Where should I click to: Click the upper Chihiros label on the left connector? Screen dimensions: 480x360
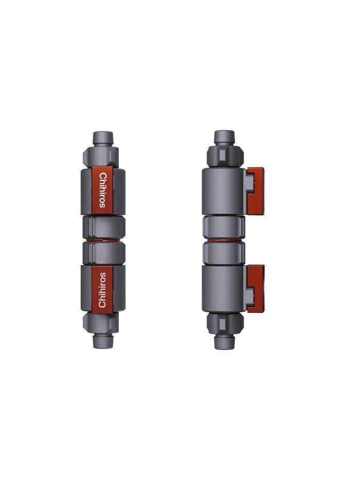102,190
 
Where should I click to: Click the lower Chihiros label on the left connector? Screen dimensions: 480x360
102,289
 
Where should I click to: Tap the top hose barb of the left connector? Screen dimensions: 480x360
103,138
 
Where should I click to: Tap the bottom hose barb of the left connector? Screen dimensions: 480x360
103,340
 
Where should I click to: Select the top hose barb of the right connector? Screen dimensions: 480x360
224,137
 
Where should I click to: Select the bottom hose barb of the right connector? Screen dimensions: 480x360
224,342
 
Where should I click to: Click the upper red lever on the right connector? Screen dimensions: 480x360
256,190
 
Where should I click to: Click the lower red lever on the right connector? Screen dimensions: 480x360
256,288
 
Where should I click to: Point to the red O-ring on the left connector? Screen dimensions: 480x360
103,239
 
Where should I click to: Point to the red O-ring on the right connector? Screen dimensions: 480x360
224,239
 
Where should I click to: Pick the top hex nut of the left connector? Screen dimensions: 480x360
103,156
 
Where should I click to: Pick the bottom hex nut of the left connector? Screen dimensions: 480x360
103,323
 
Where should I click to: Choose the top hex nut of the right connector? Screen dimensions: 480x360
224,154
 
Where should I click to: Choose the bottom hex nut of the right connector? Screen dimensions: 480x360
224,325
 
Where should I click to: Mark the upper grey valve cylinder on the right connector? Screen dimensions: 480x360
224,191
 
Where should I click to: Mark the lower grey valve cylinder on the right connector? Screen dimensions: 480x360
224,287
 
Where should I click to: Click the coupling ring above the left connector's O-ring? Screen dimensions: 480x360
103,227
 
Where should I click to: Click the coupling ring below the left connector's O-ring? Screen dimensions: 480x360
103,252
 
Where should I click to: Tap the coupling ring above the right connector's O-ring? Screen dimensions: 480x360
224,227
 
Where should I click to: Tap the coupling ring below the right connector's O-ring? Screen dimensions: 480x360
224,252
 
